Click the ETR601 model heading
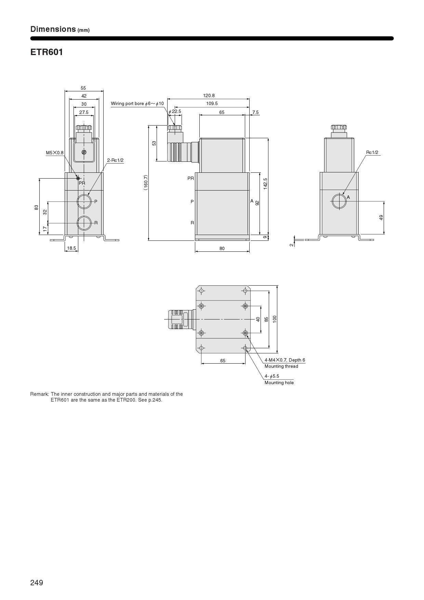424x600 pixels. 47,52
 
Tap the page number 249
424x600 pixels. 37,583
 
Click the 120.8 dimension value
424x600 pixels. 209,96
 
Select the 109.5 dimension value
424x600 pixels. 212,103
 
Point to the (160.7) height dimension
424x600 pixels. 146,182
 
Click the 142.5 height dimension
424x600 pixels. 265,184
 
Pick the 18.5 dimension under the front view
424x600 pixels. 71,248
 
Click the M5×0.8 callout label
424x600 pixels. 55,153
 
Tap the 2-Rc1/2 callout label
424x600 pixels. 115,160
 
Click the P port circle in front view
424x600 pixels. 84,201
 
